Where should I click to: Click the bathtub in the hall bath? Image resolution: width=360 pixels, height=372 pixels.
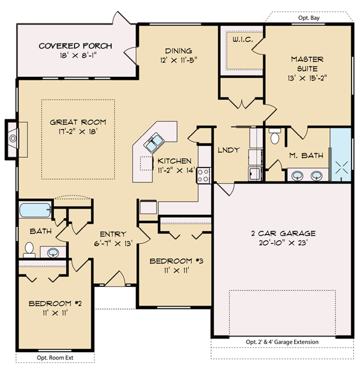click(35, 210)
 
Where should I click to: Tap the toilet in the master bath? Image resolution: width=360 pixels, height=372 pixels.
click(275, 136)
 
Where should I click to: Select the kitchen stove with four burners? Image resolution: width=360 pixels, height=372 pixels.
click(203, 176)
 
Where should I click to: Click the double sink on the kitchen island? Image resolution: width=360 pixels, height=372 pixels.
click(154, 143)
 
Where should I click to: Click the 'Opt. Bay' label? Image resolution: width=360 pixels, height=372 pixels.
click(309, 18)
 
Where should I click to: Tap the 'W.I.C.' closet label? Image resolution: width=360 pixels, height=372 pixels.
click(242, 40)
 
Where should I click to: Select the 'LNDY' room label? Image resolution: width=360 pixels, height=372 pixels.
click(229, 150)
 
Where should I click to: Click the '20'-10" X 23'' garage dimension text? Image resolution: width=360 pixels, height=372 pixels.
click(283, 243)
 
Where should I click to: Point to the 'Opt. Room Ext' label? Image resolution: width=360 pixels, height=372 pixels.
click(55, 358)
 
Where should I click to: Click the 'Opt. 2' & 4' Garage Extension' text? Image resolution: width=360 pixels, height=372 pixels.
click(282, 342)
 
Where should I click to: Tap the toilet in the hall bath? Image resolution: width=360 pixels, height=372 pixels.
click(29, 250)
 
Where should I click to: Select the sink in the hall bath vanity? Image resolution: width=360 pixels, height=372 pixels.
click(53, 253)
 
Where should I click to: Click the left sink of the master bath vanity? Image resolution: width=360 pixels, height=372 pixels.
click(298, 176)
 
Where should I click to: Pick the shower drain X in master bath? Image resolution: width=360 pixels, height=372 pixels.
click(342, 167)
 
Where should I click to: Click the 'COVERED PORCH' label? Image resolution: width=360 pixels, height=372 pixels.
click(76, 46)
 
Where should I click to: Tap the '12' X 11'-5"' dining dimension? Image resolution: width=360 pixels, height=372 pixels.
click(178, 60)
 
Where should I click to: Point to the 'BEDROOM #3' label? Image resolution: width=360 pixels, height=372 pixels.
click(176, 261)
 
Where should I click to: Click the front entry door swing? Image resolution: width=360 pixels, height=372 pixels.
click(116, 279)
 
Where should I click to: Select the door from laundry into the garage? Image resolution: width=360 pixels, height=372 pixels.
click(226, 188)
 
